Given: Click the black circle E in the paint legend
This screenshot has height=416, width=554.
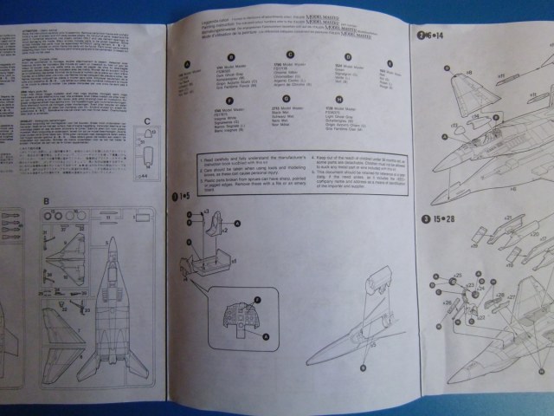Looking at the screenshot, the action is pos(390,63).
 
